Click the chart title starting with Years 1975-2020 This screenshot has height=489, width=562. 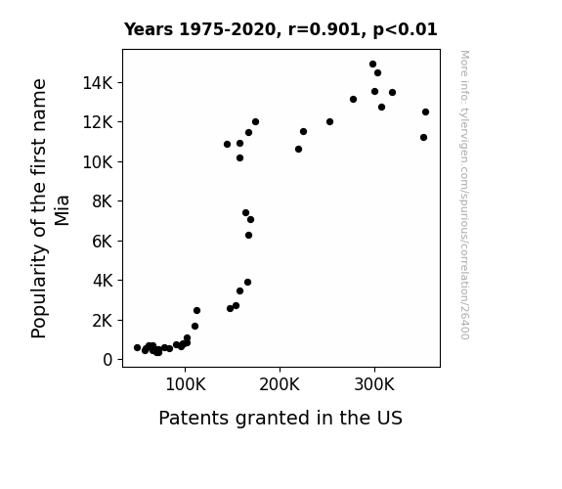click(281, 29)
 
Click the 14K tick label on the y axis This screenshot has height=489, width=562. click(98, 83)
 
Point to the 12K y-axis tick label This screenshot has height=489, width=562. click(98, 122)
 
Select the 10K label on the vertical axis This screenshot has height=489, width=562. click(98, 162)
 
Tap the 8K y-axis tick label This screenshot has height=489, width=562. click(103, 201)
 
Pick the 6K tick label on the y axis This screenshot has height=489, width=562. click(103, 242)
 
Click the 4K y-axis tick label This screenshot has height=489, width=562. click(103, 281)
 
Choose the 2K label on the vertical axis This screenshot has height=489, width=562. click(103, 321)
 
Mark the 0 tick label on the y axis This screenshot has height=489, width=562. click(108, 360)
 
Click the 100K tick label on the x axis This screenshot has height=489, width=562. click(186, 384)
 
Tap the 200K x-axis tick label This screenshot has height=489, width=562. click(280, 384)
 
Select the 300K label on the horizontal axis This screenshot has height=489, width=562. click(374, 384)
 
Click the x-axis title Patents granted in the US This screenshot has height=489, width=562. click(281, 418)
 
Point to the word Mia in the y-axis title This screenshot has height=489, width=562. click(62, 210)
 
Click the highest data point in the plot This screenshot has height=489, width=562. click(372, 65)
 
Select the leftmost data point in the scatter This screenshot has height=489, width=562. click(137, 347)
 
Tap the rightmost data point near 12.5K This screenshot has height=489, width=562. click(425, 111)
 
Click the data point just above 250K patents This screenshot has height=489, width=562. click(329, 122)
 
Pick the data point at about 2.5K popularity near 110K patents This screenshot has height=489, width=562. click(196, 311)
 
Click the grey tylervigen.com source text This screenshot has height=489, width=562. click(464, 195)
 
